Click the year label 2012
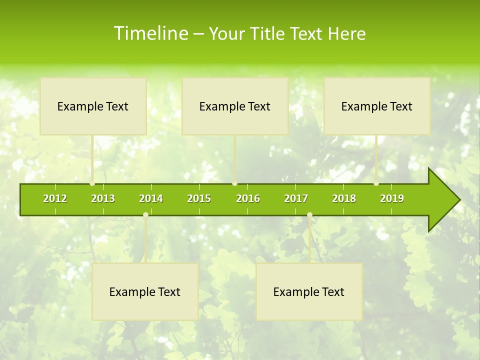click(x=55, y=198)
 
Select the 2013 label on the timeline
click(x=103, y=198)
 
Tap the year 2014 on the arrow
click(x=151, y=198)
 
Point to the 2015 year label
click(x=199, y=198)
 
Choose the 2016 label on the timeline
click(x=248, y=198)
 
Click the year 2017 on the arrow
click(x=296, y=198)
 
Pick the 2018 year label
click(x=344, y=198)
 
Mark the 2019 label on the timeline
click(x=392, y=198)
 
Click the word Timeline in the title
click(x=150, y=33)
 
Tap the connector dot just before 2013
click(x=92, y=183)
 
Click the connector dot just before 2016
click(x=235, y=183)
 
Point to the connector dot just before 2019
click(x=376, y=183)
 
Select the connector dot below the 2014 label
click(x=145, y=215)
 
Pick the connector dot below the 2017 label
click(x=309, y=215)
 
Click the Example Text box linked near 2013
click(x=93, y=106)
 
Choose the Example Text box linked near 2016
click(x=234, y=106)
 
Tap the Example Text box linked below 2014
click(x=145, y=291)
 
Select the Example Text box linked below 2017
click(x=309, y=291)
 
